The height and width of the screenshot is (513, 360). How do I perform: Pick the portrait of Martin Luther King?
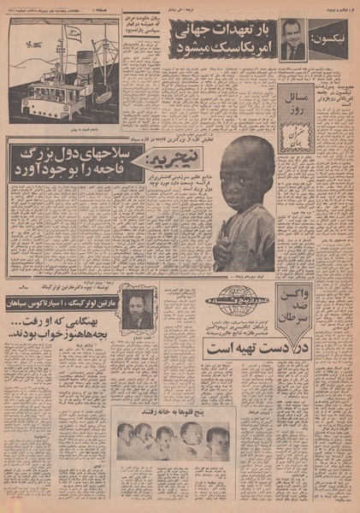[x=138, y=309]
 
